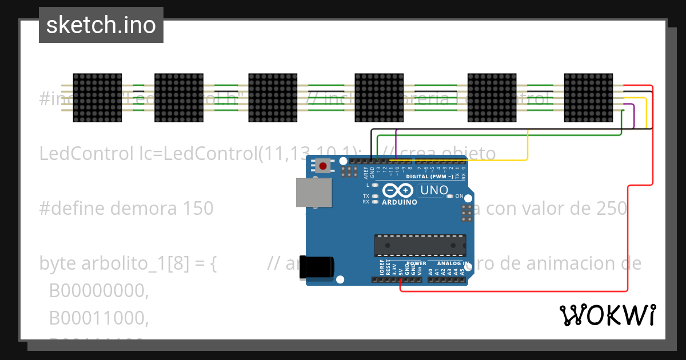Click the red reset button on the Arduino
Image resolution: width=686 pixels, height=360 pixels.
[x=323, y=166]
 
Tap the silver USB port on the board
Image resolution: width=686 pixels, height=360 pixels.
[x=313, y=192]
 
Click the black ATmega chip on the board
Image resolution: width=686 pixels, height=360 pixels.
[x=420, y=245]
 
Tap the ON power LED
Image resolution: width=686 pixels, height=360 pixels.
[x=451, y=196]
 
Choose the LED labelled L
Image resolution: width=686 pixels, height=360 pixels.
[x=375, y=185]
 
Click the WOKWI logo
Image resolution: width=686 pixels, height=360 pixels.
[x=607, y=315]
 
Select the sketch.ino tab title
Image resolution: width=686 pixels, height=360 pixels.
[x=101, y=25]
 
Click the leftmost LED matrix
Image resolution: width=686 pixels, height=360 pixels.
[x=98, y=98]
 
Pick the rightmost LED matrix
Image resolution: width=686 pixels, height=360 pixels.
[x=588, y=98]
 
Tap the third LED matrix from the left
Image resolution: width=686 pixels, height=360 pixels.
[x=273, y=98]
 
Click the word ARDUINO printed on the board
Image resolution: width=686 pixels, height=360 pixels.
[x=399, y=202]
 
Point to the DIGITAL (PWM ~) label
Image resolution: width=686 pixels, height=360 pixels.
[x=428, y=177]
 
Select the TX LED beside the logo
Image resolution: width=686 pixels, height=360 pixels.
[x=375, y=196]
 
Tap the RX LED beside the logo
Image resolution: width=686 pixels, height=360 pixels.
[x=375, y=202]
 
